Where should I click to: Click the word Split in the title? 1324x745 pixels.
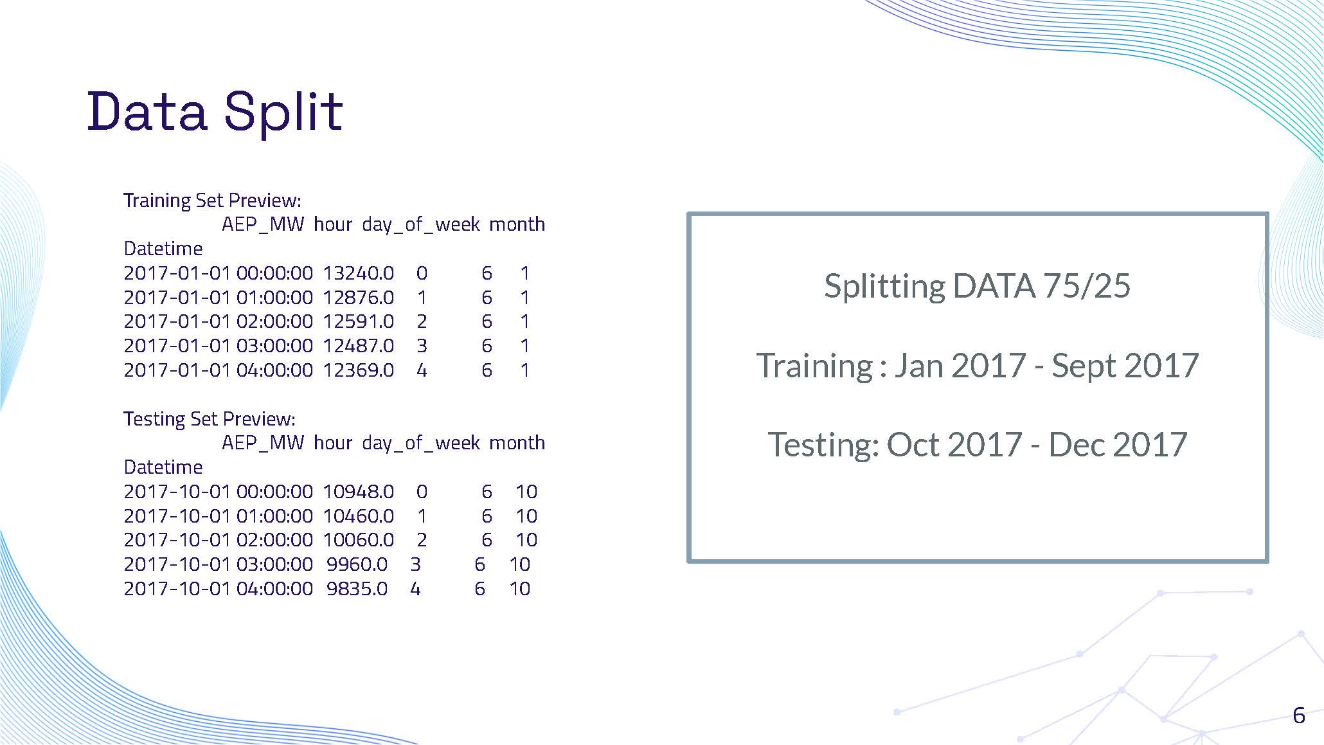(283, 112)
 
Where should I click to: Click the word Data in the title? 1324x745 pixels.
(147, 112)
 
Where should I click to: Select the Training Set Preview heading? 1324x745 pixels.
(212, 201)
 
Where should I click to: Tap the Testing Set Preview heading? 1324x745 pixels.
(210, 419)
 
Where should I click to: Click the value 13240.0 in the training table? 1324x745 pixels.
(358, 273)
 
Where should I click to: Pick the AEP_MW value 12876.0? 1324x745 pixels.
(358, 298)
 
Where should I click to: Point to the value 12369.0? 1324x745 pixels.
(358, 370)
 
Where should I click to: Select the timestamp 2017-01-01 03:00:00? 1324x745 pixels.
(218, 346)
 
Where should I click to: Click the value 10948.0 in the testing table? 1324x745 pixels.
(358, 492)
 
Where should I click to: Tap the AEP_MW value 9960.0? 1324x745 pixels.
(357, 564)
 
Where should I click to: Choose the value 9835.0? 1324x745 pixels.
(357, 589)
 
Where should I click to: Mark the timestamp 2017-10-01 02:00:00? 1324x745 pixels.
(218, 540)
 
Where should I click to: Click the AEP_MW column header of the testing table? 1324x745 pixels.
(262, 443)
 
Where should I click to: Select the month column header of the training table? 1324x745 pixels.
(517, 224)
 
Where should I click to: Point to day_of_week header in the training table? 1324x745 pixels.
(420, 224)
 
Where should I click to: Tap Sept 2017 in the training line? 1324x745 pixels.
(1125, 366)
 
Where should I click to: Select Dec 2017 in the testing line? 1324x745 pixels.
(1117, 444)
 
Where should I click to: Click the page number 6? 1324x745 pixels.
(1298, 715)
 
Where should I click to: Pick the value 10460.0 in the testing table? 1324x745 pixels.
(358, 516)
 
